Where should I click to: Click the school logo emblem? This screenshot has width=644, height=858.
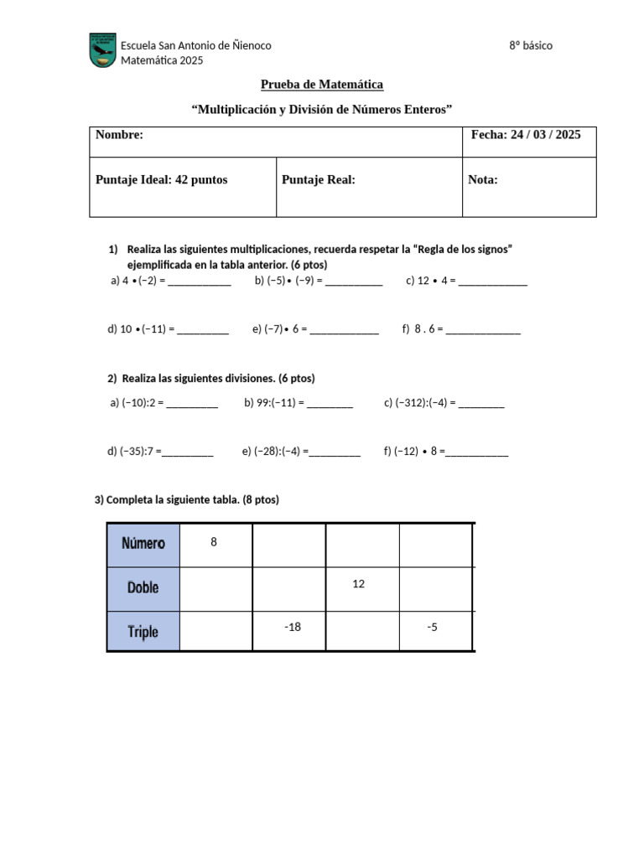(103, 51)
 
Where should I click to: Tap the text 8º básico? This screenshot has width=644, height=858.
(531, 45)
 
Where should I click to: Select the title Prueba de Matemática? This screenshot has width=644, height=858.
(322, 85)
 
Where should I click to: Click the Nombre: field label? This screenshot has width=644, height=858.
(120, 135)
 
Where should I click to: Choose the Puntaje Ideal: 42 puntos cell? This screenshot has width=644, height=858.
(162, 179)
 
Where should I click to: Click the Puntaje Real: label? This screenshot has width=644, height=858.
(319, 179)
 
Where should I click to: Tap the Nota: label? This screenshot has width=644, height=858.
(483, 179)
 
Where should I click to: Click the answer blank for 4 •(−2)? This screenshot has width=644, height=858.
(200, 282)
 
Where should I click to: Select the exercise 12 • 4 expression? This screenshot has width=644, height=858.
(430, 281)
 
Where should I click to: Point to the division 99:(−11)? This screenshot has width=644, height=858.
(273, 403)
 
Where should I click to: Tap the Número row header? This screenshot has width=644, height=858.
(143, 543)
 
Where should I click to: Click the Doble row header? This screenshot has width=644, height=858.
(143, 588)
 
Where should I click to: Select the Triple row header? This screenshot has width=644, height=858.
(143, 632)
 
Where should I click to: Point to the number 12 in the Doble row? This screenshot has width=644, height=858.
(359, 584)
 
